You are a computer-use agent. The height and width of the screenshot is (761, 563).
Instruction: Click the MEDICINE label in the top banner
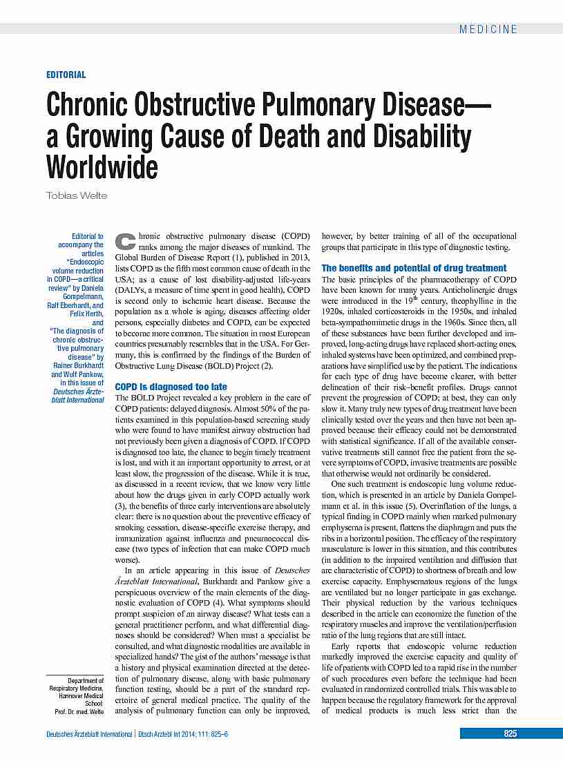(488, 29)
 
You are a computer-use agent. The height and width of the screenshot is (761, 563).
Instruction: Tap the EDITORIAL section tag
(66, 75)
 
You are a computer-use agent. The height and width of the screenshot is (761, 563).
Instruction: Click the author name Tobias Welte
(77, 195)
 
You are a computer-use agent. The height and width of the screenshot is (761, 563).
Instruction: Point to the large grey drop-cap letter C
(125, 241)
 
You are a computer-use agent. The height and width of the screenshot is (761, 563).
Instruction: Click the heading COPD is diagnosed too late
(171, 387)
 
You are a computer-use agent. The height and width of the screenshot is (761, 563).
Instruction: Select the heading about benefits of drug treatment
(414, 268)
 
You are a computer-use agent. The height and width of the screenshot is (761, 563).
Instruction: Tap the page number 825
(510, 733)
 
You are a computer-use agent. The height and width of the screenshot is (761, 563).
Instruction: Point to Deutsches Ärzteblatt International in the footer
(88, 734)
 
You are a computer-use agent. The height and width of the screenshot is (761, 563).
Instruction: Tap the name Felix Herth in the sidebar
(86, 314)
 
